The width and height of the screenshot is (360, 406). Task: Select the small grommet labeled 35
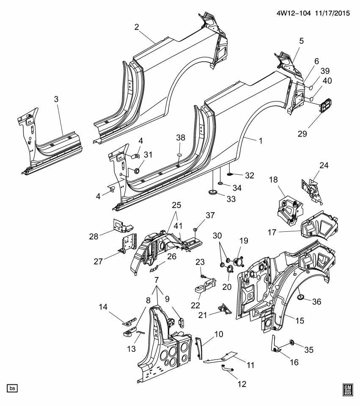[x=291, y=341]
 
